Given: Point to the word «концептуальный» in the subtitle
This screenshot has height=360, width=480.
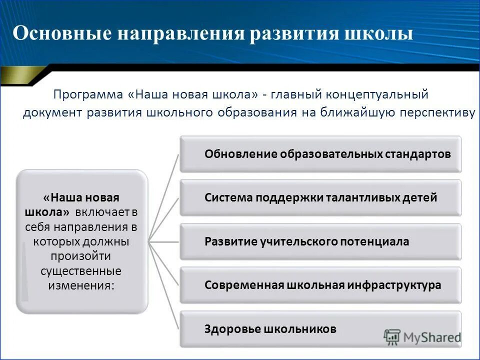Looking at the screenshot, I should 377,94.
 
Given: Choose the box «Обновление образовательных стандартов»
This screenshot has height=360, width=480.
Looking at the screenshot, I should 320,154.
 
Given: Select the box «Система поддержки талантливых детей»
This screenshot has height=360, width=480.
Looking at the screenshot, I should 320,197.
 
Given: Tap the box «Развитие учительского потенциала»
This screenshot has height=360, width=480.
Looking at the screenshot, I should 320,241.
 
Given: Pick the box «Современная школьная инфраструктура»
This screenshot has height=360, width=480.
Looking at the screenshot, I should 320,285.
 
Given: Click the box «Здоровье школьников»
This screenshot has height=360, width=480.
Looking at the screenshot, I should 320,329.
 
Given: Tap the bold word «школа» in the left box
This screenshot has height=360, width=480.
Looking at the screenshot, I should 47,212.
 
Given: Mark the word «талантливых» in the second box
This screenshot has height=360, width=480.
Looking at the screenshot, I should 362,197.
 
